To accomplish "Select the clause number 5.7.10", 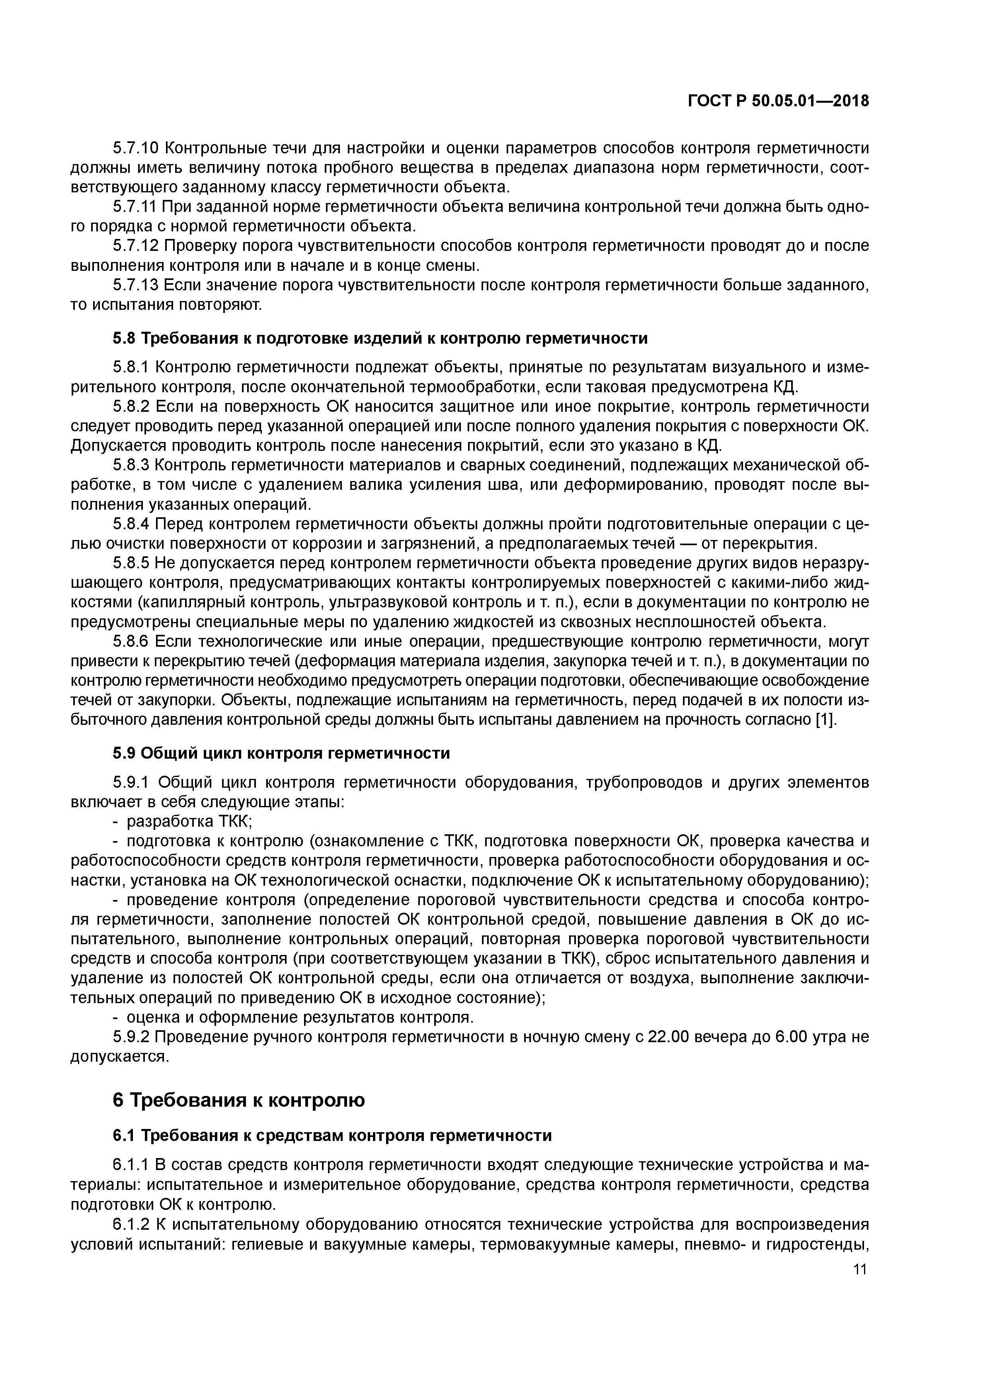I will pyautogui.click(x=136, y=148).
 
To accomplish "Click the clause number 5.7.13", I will pyautogui.click(x=136, y=285).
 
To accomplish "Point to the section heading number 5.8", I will pyautogui.click(x=124, y=338).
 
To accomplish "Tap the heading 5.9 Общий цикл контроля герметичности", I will pyautogui.click(x=281, y=753).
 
